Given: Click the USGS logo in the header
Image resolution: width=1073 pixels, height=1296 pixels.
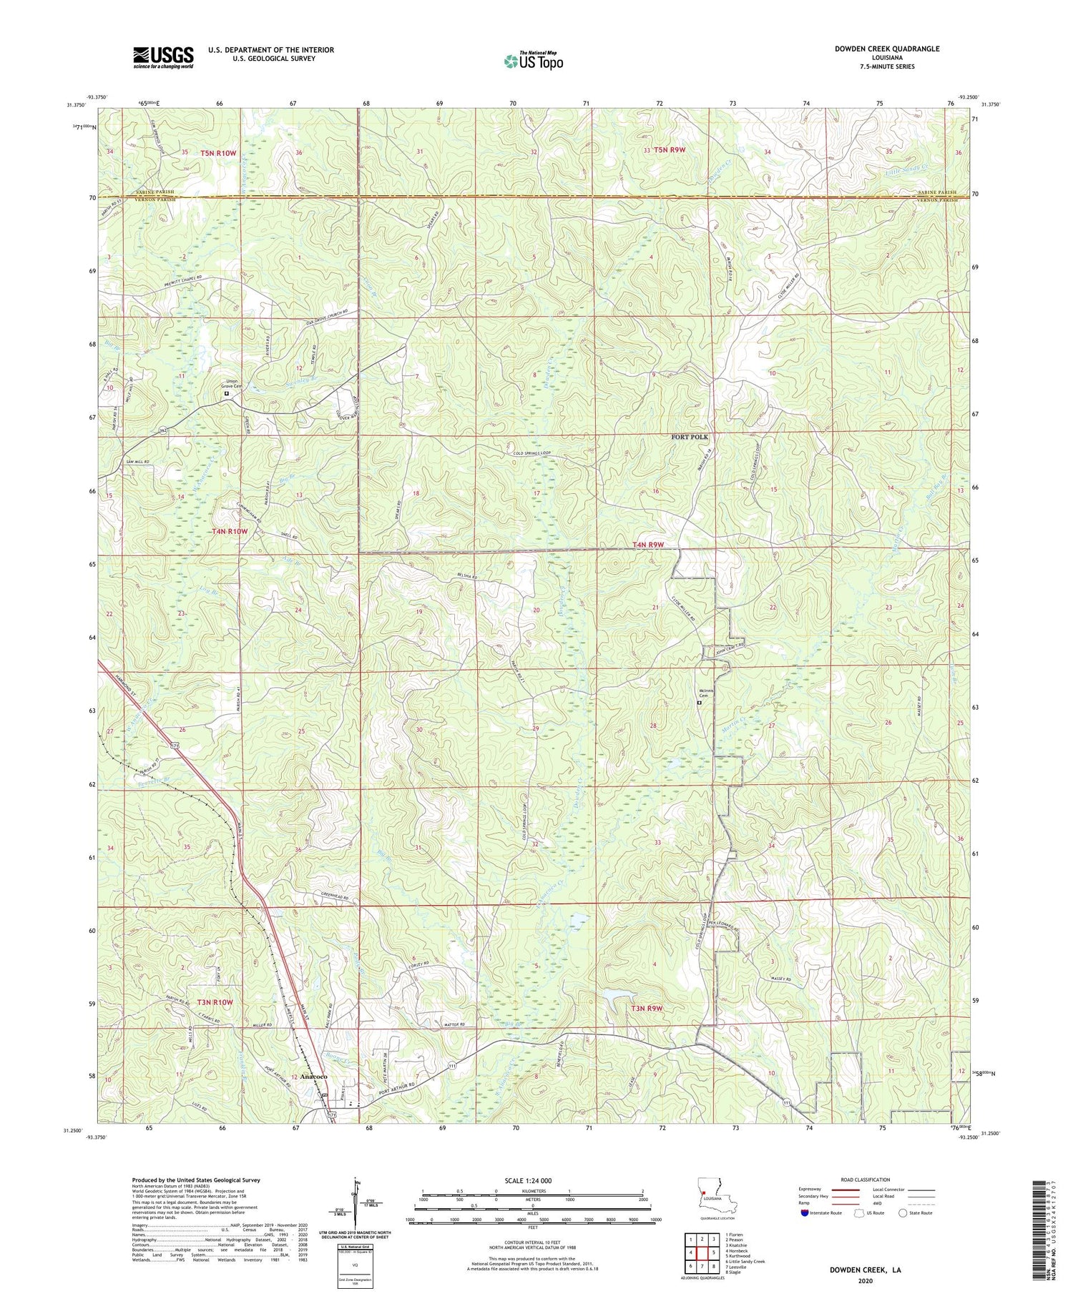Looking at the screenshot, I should [x=163, y=56].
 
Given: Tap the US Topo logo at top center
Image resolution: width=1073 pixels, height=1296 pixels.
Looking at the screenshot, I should [x=532, y=61].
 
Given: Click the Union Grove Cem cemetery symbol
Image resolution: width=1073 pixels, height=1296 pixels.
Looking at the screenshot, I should [x=227, y=393].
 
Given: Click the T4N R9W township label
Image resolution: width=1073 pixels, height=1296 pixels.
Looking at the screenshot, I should [x=648, y=545].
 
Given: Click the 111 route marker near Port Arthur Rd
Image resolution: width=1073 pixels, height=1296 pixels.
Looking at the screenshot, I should [x=453, y=1066].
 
